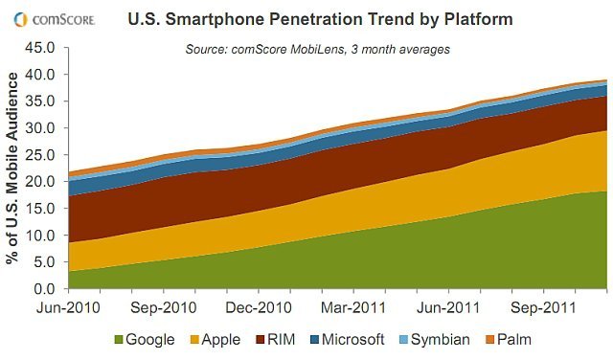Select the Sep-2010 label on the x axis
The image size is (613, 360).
pos(163,308)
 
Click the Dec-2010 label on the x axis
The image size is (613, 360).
pos(259,308)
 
